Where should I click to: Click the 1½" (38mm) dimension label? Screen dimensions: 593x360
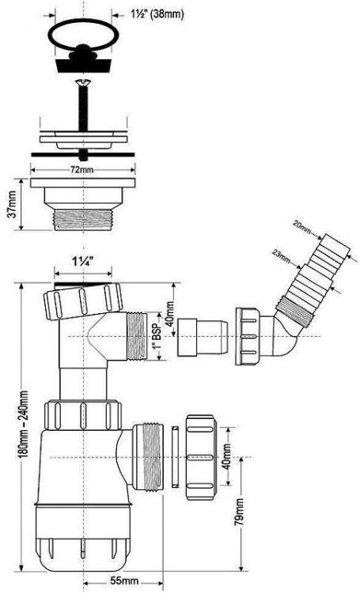pyautogui.click(x=148, y=13)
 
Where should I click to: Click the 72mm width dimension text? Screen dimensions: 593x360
pyautogui.click(x=80, y=170)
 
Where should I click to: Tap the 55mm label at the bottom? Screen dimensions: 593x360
pyautogui.click(x=120, y=581)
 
